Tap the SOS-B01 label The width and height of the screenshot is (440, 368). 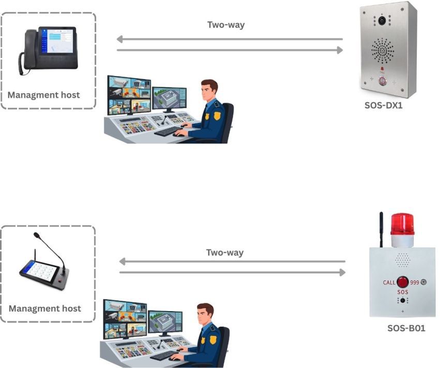[x=406, y=328]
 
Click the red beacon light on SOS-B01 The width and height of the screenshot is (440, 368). [x=403, y=223]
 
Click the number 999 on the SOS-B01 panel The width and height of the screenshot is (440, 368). [x=415, y=282]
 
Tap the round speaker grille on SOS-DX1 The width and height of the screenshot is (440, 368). [x=383, y=50]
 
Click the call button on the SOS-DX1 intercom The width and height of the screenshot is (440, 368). [x=383, y=81]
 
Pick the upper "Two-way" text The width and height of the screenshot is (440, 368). [x=226, y=24]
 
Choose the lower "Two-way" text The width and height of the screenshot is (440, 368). [x=225, y=253]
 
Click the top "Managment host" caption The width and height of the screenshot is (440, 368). [x=44, y=95]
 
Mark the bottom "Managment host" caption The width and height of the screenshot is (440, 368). [x=45, y=308]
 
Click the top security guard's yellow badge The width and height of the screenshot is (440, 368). [x=217, y=115]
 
